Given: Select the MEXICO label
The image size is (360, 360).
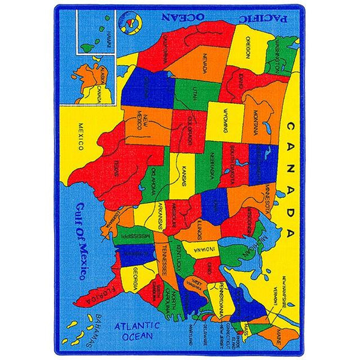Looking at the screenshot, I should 80,137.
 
